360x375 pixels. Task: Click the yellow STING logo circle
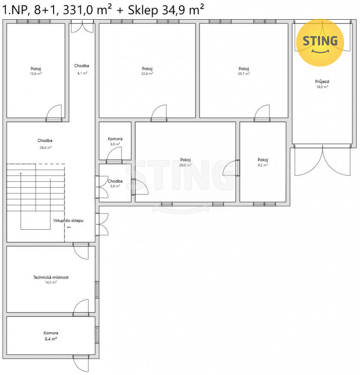[320, 43]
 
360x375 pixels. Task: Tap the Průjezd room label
[322, 82]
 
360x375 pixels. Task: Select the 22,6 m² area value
[147, 74]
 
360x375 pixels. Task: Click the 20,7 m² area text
[244, 74]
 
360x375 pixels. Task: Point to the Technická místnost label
[51, 277]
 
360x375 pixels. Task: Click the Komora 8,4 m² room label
[51, 336]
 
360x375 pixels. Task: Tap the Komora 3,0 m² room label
[115, 142]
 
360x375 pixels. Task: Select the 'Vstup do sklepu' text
[68, 220]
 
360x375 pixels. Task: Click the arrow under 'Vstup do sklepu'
[69, 227]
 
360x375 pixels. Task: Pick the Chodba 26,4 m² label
[45, 144]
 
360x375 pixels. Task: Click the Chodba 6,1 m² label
[82, 69]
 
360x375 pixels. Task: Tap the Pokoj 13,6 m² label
[36, 71]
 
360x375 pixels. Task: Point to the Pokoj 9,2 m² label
[263, 162]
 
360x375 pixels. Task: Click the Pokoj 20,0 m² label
[185, 162]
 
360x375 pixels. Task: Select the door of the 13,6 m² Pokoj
[54, 113]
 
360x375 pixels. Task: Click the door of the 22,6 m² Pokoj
[159, 113]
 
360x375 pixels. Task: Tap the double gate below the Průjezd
[322, 160]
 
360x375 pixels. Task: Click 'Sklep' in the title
[143, 10]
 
